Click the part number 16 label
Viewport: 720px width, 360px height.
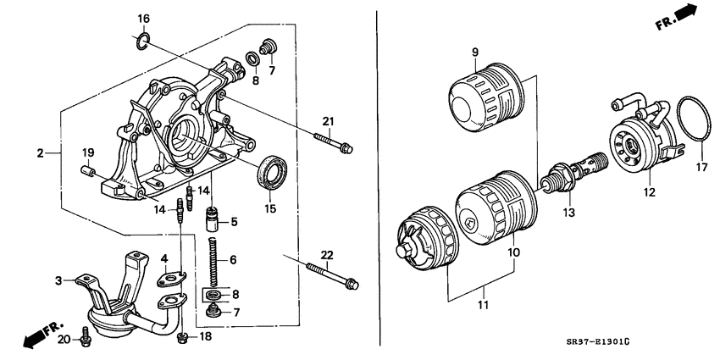pos(143,19)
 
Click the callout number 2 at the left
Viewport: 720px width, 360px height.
pos(40,153)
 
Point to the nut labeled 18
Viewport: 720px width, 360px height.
pos(183,338)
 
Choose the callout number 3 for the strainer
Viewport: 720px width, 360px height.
pos(58,280)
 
